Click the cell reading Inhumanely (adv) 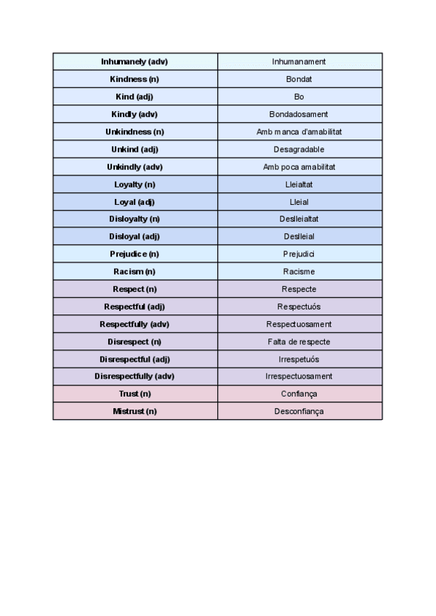coord(134,62)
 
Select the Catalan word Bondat coord(299,79)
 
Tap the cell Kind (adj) coord(134,97)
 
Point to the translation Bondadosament coord(299,114)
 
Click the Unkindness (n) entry coord(134,131)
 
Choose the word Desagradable coord(299,149)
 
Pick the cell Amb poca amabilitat coord(299,166)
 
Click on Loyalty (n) coord(134,185)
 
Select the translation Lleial coord(299,202)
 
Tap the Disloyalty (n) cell coord(134,219)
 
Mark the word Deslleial coord(299,237)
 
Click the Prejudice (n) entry coord(134,254)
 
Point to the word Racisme coord(299,272)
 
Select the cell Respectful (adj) coord(134,307)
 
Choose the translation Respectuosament coord(299,324)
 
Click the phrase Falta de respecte coord(299,341)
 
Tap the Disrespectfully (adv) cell coord(134,376)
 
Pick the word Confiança coord(299,394)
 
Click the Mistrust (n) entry coord(134,411)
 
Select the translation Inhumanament coord(299,62)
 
